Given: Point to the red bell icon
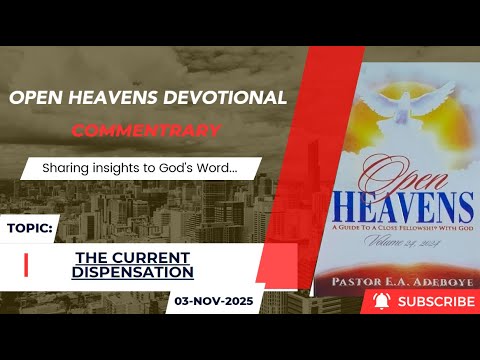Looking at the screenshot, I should coord(380,300).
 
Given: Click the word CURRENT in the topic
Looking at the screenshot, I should coord(153,256).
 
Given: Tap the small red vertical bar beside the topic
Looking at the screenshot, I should coord(25,263).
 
